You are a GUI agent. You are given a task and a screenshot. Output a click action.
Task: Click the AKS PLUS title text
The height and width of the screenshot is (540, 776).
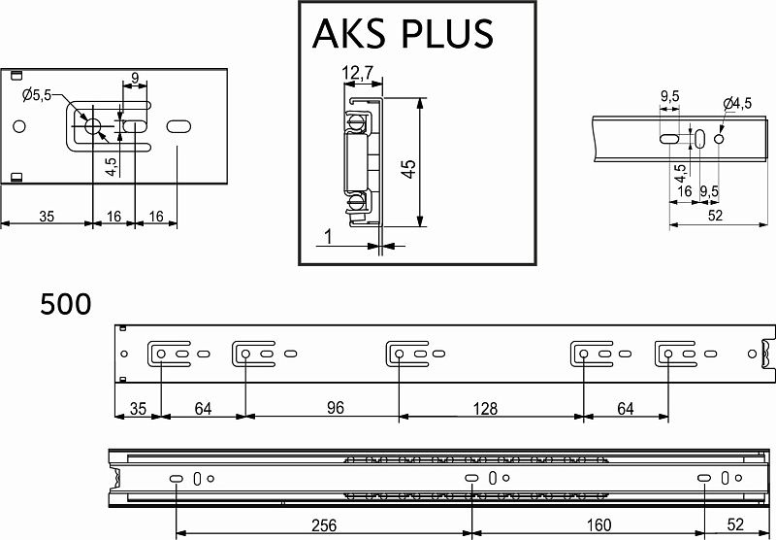[403, 33]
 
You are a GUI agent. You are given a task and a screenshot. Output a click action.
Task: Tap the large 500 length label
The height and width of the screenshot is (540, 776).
[65, 304]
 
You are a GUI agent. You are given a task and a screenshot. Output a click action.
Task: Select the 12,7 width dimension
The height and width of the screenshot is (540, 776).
[357, 73]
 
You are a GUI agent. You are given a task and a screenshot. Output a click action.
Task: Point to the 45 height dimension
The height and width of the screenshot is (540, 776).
[409, 169]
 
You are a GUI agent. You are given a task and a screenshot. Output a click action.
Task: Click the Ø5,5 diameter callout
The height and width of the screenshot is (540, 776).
[36, 94]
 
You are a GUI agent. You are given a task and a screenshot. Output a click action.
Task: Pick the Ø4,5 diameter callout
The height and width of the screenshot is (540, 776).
[737, 104]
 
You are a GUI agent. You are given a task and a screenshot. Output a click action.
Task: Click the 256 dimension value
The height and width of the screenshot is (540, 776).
[324, 525]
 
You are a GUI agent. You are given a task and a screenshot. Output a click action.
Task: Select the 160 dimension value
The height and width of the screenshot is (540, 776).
[598, 525]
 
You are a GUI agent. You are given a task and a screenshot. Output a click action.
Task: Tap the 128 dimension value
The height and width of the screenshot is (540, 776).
[485, 409]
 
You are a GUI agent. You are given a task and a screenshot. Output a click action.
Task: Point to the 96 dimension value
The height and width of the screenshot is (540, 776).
[335, 408]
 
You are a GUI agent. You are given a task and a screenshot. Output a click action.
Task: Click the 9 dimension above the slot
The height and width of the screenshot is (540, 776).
[135, 78]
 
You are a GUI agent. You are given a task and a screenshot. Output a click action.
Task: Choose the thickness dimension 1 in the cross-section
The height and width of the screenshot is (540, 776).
[328, 237]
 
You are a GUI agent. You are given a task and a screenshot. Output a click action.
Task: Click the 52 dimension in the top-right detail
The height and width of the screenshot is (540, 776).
[715, 216]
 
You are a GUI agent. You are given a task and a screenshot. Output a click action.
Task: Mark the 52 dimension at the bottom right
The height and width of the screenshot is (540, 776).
[736, 524]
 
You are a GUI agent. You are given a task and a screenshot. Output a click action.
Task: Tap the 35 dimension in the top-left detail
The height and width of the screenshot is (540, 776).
[47, 217]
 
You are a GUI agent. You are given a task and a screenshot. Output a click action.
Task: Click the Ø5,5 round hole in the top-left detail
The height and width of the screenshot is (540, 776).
[92, 126]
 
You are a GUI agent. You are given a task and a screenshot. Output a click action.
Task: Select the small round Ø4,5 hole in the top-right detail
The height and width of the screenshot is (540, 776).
[719, 139]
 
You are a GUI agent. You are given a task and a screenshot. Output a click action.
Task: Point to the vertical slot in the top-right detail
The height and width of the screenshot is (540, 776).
[699, 139]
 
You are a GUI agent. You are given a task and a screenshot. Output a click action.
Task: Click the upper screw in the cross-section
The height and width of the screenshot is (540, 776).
[356, 121]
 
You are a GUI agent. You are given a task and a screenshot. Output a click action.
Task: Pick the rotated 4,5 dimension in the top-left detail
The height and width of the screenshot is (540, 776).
[112, 167]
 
